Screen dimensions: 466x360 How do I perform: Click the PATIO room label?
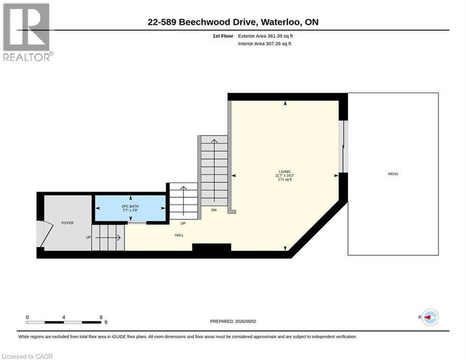point(393,174)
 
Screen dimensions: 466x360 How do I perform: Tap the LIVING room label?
point(284,171)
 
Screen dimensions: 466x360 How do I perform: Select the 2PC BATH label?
point(130,206)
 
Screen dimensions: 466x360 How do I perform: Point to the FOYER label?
point(67,223)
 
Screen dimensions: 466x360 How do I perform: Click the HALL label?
point(179,235)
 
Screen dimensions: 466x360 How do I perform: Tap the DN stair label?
point(214,210)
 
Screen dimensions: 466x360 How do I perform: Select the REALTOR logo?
point(27,32)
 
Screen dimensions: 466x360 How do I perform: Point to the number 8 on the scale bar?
point(101,317)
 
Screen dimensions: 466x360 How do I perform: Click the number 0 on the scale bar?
point(27,317)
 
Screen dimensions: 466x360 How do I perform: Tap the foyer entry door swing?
point(45,234)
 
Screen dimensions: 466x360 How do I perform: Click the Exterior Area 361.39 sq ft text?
point(266,36)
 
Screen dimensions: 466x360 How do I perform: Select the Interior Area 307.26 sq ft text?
point(265,44)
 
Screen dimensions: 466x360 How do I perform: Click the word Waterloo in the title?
point(280,22)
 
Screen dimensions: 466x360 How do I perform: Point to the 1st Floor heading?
point(223,36)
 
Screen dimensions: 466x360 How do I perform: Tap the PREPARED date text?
point(233,321)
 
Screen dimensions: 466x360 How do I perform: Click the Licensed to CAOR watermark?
point(27,356)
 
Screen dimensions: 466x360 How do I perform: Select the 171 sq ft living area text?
point(285,180)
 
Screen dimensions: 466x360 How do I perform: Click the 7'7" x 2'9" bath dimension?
point(130,210)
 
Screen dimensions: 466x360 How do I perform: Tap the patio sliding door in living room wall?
point(343,146)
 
